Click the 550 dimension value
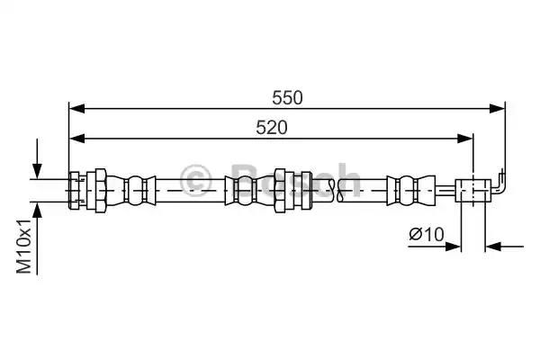[x=287, y=98]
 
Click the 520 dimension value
[x=272, y=128]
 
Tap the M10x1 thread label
[x=24, y=246]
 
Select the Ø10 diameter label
[x=427, y=235]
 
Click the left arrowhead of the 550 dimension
[x=76, y=109]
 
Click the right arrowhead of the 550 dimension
[x=498, y=109]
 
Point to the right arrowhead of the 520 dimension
[x=465, y=139]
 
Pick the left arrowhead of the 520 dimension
[x=76, y=139]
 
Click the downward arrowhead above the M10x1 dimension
[x=37, y=171]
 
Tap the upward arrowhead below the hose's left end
[x=37, y=210]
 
